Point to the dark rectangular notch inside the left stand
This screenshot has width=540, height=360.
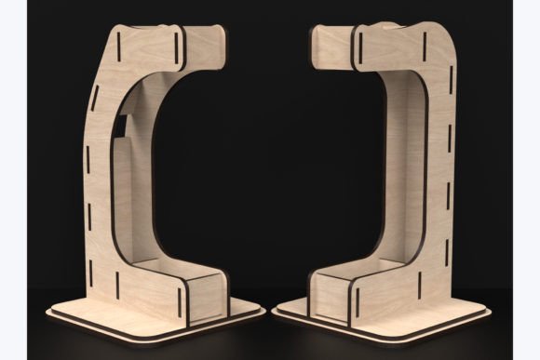tap(123, 125)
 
